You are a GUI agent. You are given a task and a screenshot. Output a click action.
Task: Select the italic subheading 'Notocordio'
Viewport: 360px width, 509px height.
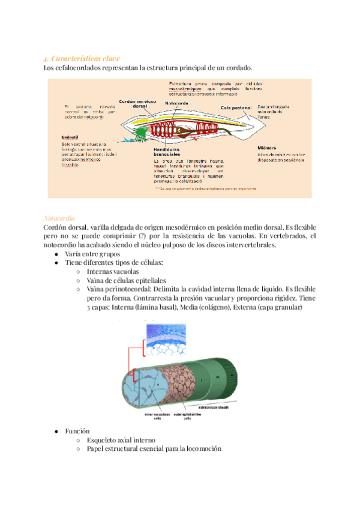pos(59,218)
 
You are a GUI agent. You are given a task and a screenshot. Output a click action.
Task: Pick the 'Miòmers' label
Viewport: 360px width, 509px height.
pos(267,147)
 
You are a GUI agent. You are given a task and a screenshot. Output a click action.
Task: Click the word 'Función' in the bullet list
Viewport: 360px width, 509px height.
pos(78,431)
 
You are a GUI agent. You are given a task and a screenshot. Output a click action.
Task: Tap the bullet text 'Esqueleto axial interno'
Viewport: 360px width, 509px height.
pos(121,440)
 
